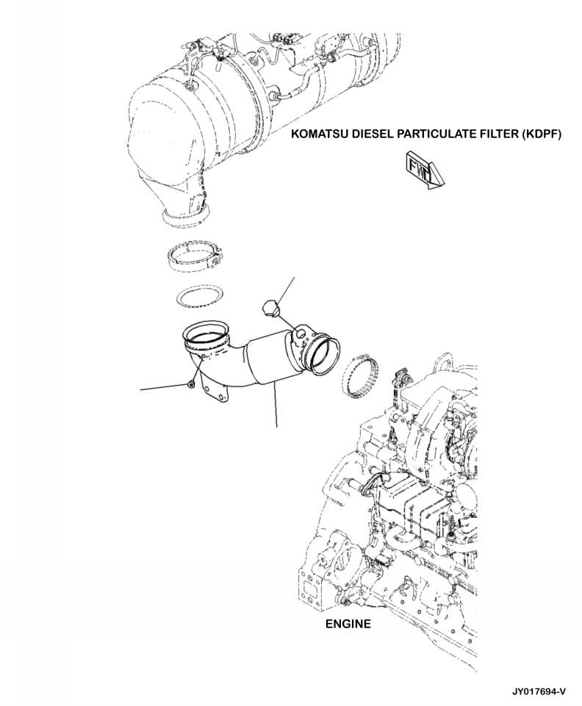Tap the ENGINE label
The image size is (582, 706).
(348, 625)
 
